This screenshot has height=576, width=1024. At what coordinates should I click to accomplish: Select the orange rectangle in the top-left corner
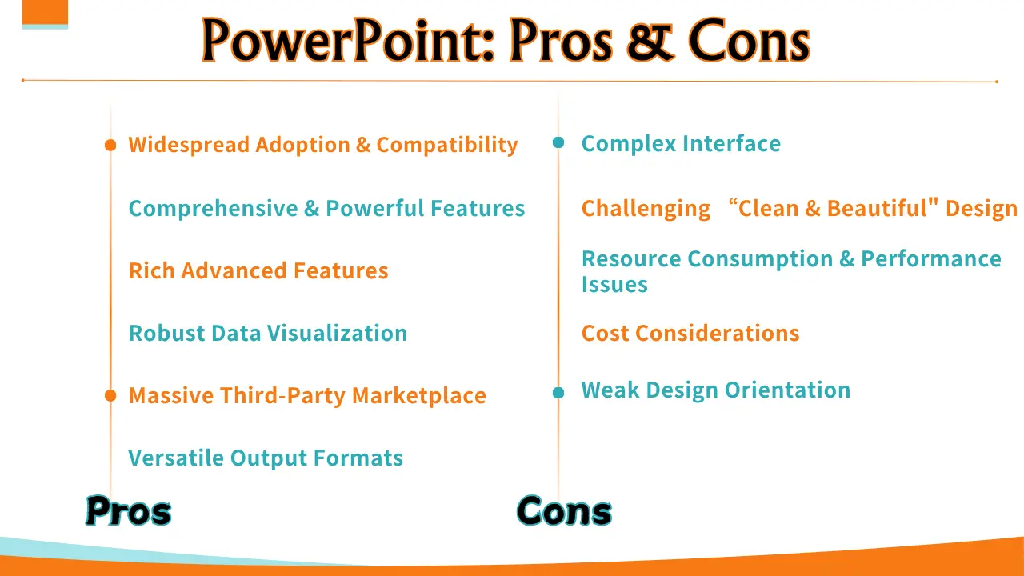(x=45, y=13)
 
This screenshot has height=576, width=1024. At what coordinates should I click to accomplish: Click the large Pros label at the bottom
(x=128, y=511)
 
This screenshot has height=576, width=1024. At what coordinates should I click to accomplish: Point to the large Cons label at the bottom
(x=564, y=511)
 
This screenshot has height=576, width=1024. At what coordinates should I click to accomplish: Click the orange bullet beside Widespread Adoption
(x=110, y=145)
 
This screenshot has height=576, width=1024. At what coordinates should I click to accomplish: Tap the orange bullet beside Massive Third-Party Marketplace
(x=110, y=395)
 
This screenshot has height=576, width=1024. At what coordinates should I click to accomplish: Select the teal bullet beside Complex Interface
(x=558, y=142)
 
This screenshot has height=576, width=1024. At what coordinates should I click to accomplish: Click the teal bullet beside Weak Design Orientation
(x=558, y=392)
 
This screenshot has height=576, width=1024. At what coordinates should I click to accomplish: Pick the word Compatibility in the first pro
(x=447, y=145)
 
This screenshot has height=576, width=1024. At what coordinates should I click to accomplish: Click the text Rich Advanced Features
(x=258, y=270)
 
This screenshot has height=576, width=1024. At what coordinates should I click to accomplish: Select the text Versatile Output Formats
(x=266, y=458)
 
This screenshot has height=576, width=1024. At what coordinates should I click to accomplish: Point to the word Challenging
(x=646, y=208)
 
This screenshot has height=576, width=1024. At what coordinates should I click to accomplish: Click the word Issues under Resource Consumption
(x=614, y=284)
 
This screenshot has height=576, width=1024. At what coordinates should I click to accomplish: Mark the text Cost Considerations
(x=690, y=333)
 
